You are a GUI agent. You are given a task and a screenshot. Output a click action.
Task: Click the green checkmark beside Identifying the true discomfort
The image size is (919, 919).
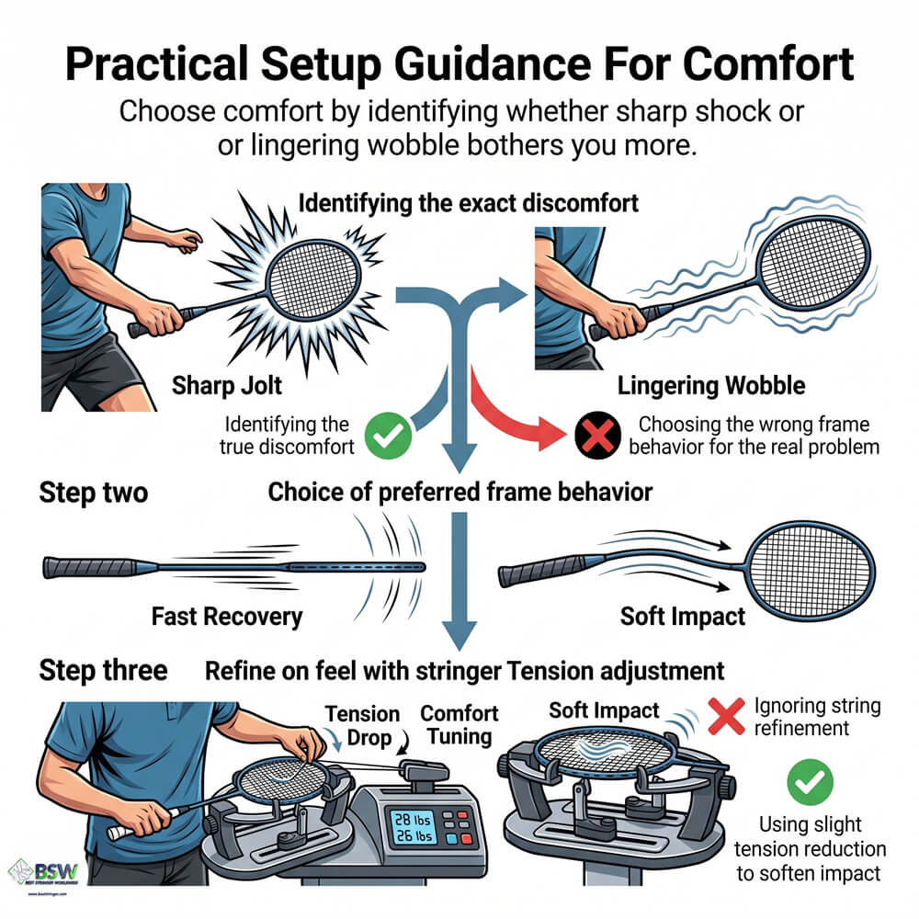point(388,436)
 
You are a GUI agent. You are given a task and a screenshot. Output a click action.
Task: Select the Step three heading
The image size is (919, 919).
point(103,670)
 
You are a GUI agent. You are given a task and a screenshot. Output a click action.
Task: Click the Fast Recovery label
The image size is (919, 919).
point(226,616)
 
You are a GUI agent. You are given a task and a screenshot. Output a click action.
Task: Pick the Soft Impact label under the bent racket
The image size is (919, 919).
point(683,616)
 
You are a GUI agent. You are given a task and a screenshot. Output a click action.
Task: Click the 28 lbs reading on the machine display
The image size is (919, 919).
point(414,820)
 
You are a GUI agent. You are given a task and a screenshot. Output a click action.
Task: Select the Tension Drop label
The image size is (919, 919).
point(363,726)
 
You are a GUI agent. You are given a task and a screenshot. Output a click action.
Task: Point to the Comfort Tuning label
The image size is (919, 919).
point(459,726)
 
